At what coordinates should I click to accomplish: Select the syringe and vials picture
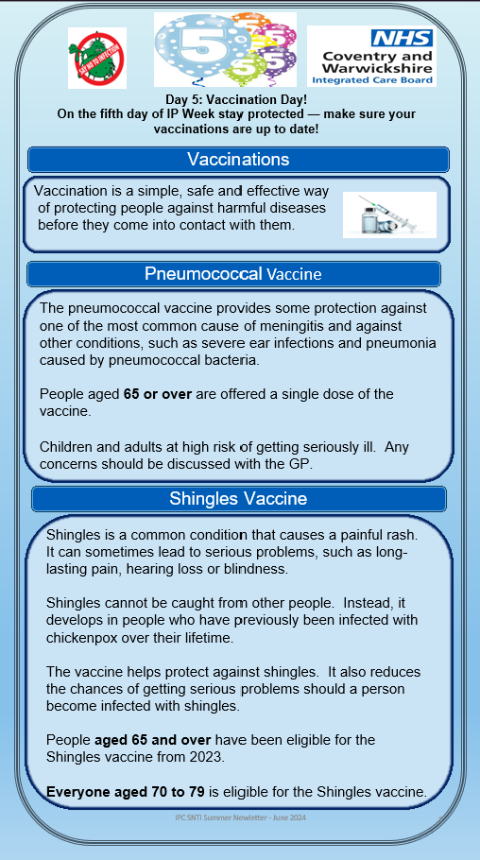click(x=389, y=215)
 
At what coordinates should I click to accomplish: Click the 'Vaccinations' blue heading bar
click(x=238, y=159)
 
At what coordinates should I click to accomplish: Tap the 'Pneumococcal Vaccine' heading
click(x=233, y=274)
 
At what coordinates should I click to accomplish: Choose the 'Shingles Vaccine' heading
click(x=238, y=498)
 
